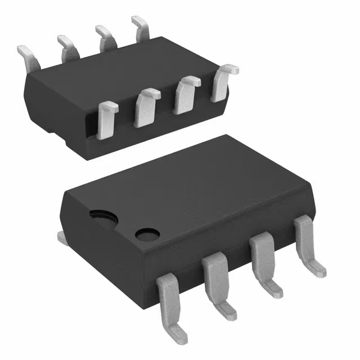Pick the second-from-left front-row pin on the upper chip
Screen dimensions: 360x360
[x=146, y=106]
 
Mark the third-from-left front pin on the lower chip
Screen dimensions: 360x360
[x=262, y=258]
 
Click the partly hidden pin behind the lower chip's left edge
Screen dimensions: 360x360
[x=62, y=238]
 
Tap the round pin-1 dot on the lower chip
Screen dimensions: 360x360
[x=147, y=233]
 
